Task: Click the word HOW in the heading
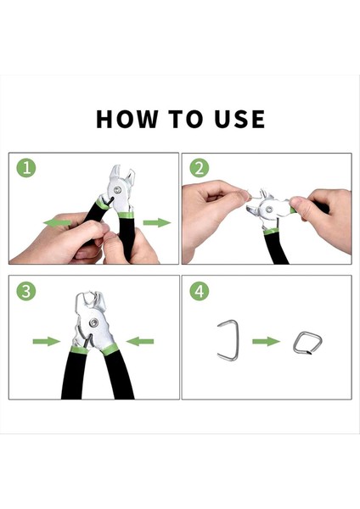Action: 127,119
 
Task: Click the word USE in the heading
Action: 239,119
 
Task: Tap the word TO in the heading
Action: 186,119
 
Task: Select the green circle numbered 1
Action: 26,168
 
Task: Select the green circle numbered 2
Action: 200,168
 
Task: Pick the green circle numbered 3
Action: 26,291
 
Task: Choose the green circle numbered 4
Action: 200,291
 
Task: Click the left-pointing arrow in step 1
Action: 57,222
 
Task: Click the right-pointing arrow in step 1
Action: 157,222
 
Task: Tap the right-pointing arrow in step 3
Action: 47,341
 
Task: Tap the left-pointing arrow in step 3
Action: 140,341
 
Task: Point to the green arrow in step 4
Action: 266,341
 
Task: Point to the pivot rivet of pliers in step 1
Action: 117,190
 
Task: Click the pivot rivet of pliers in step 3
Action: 94,322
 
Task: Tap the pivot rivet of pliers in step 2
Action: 269,209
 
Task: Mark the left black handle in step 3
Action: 73,373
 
